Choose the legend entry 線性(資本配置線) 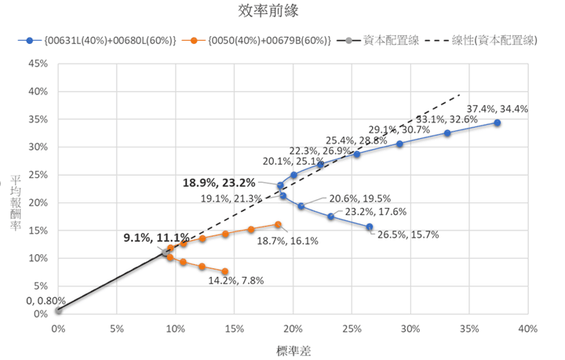[x=495, y=39]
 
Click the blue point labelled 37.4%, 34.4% [x=497, y=123]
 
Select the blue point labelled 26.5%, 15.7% [x=369, y=227]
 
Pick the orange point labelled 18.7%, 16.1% [x=277, y=224]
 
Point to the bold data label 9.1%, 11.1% [x=156, y=237]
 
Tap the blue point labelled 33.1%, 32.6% [x=447, y=133]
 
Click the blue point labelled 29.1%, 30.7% [x=399, y=144]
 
